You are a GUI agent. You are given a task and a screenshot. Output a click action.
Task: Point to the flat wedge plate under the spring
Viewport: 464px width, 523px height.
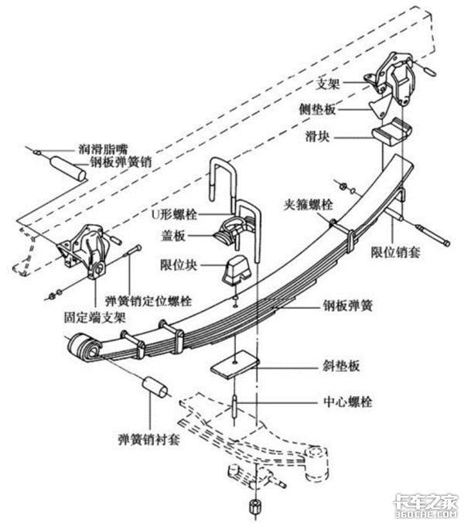point(234,365)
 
